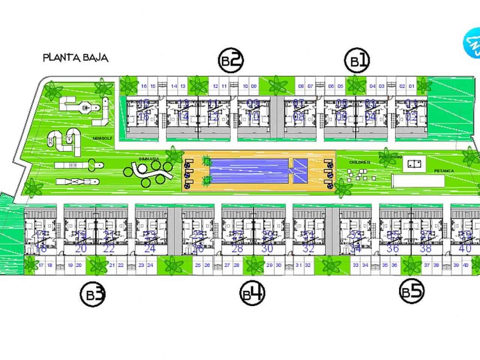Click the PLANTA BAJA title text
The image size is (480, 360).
pos(76,58)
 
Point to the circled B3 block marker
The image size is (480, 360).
pos(93,294)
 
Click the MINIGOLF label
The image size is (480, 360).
pos(100,138)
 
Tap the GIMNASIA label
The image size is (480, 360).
pos(148,159)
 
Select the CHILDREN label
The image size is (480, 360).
pos(360,162)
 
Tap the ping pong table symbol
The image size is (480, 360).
pos(414,163)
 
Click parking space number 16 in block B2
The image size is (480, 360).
pos(144,86)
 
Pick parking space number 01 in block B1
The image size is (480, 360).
pos(411,86)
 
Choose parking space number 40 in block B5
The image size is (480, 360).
pos(466,265)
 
